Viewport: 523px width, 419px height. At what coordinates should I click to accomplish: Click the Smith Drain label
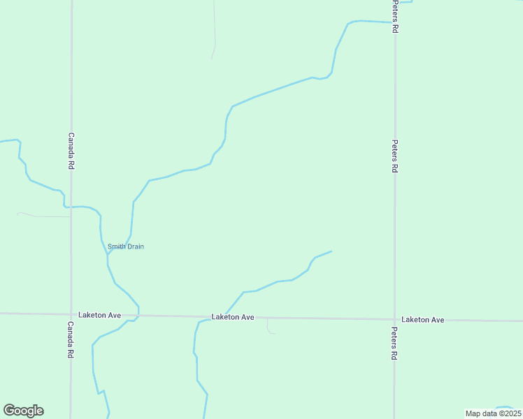pyautogui.click(x=126, y=247)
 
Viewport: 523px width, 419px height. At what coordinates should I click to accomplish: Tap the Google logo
pyautogui.click(x=23, y=411)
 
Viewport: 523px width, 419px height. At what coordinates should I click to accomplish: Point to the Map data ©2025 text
pyautogui.click(x=492, y=413)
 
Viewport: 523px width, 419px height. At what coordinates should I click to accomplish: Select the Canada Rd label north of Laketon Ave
pyautogui.click(x=71, y=152)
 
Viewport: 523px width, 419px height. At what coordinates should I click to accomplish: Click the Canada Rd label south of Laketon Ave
pyautogui.click(x=71, y=340)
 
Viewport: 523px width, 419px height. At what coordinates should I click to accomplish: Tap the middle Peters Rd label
pyautogui.click(x=395, y=156)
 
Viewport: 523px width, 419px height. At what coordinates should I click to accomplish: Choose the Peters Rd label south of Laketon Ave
pyautogui.click(x=394, y=344)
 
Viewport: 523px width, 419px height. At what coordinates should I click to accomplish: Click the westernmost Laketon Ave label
pyautogui.click(x=99, y=315)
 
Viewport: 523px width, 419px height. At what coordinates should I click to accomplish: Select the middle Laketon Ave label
pyautogui.click(x=233, y=317)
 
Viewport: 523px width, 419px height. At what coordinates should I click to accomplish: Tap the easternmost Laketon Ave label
pyautogui.click(x=423, y=320)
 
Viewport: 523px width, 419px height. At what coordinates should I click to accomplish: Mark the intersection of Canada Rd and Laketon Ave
pyautogui.click(x=71, y=314)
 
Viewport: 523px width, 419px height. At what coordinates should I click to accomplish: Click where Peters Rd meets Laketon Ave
pyautogui.click(x=394, y=319)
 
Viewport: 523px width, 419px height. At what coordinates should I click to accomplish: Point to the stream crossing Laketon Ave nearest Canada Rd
pyautogui.click(x=137, y=316)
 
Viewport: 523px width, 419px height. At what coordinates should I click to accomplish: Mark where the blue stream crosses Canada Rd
pyautogui.click(x=71, y=207)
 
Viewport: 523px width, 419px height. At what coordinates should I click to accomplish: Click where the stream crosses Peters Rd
pyautogui.click(x=395, y=22)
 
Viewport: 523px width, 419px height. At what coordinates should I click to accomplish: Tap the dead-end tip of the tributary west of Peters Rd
pyautogui.click(x=331, y=251)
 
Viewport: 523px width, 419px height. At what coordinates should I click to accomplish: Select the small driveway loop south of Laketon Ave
pyautogui.click(x=270, y=328)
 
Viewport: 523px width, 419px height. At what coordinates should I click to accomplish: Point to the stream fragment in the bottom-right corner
pyautogui.click(x=506, y=408)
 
